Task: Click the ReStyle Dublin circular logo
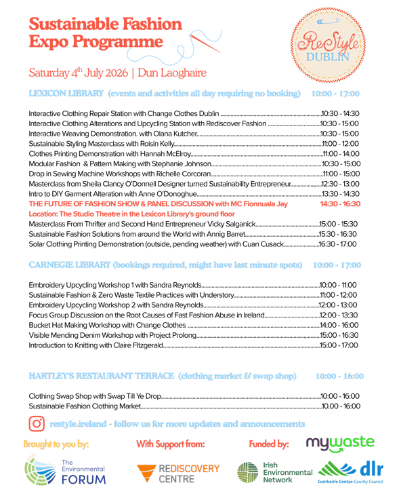[328, 45]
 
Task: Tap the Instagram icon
[37, 423]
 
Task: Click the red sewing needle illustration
[205, 43]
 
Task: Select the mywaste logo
[340, 444]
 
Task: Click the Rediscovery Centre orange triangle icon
[146, 473]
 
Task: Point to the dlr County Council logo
[351, 473]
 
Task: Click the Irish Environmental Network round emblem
[248, 472]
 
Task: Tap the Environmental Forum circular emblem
[41, 469]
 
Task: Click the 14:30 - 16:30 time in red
[340, 204]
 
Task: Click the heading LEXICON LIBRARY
[66, 94]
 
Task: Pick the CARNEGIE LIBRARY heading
[70, 265]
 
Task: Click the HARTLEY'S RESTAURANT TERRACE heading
[102, 376]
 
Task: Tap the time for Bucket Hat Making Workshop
[339, 325]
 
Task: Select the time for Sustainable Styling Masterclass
[340, 144]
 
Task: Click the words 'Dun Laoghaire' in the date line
[172, 73]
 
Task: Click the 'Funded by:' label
[269, 444]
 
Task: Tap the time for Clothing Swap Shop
[340, 396]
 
